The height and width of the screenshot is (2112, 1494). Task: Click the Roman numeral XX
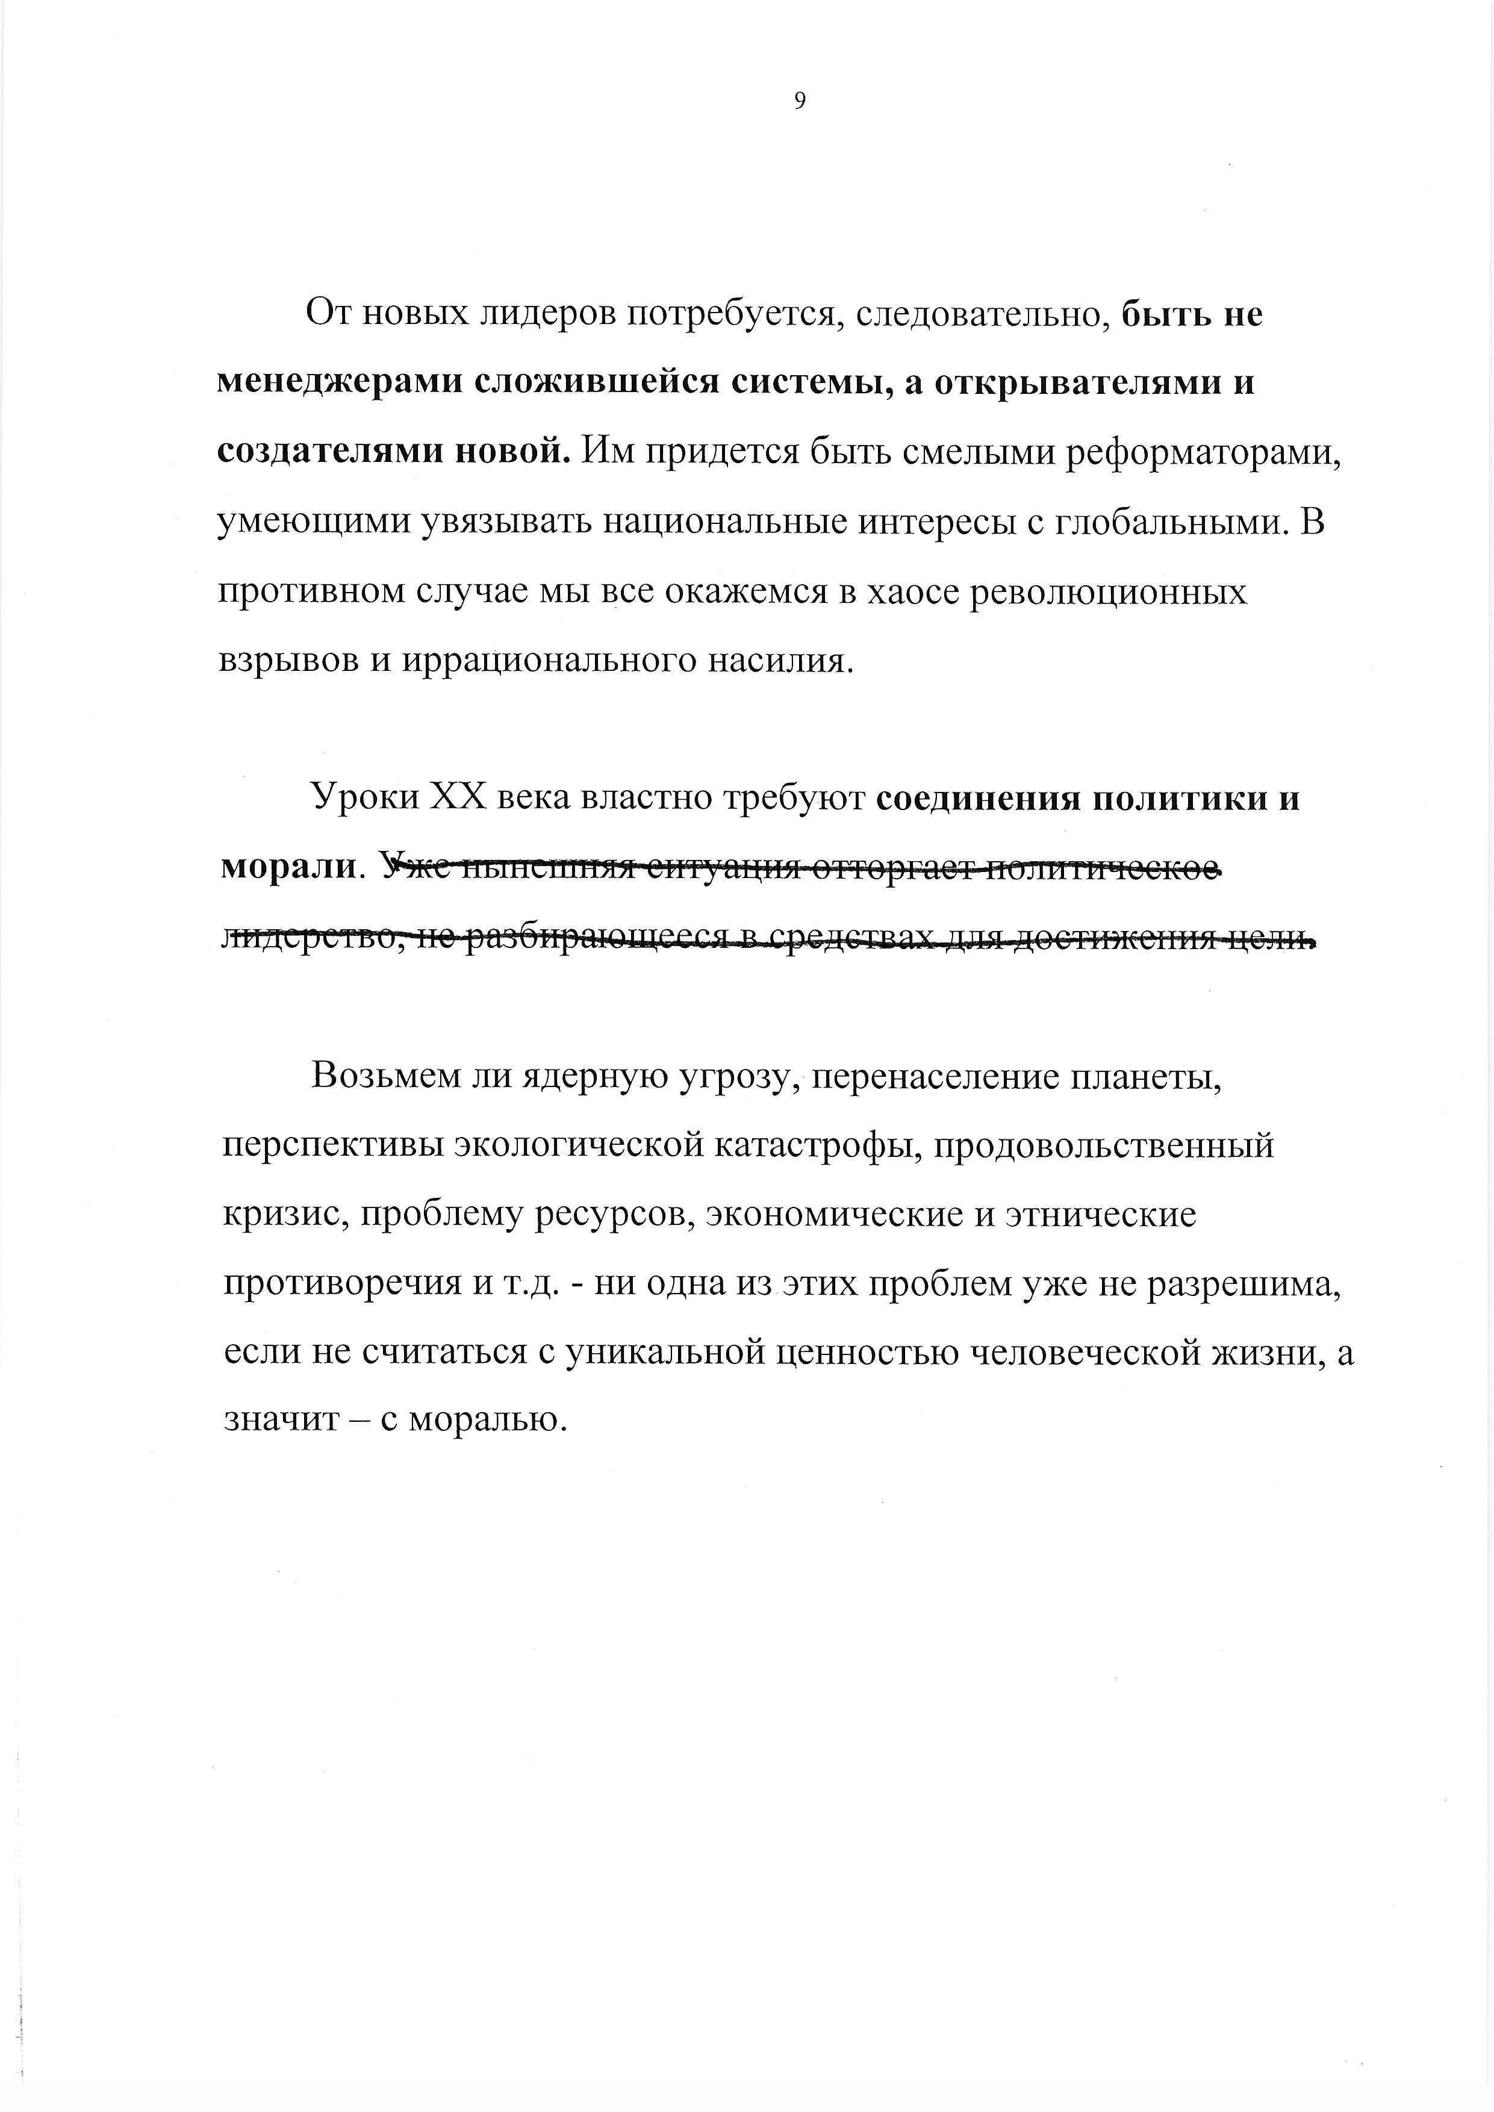[x=457, y=797]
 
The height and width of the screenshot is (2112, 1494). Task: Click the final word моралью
[x=485, y=1421]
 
